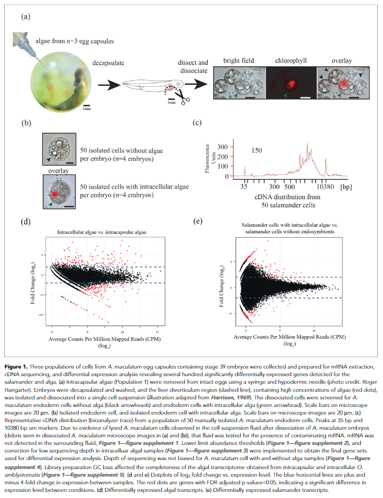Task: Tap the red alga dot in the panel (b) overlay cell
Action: point(56,194)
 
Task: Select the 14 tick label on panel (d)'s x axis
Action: point(158,332)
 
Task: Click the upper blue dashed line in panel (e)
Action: point(289,277)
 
